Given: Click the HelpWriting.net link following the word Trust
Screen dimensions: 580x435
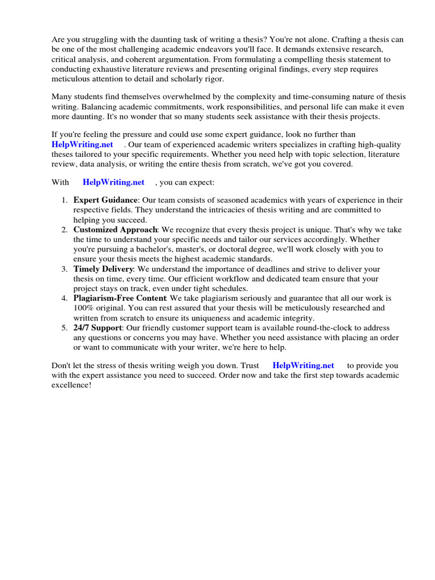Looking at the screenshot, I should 303,365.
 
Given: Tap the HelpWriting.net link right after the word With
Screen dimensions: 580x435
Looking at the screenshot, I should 113,182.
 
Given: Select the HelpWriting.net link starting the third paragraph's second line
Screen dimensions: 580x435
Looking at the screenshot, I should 82,144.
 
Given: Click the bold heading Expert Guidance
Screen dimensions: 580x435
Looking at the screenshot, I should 105,200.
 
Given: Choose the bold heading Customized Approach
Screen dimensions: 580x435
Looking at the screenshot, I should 115,229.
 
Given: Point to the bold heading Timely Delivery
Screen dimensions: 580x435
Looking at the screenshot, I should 103,268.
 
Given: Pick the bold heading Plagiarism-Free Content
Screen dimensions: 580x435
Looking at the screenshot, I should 120,298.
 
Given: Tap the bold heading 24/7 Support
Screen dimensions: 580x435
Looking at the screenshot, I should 97,328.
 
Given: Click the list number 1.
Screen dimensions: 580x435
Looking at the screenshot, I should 64,200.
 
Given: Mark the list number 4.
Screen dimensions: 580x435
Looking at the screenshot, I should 64,298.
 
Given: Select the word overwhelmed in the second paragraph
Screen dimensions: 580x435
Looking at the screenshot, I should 182,97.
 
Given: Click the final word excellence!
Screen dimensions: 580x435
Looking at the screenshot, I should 71,385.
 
